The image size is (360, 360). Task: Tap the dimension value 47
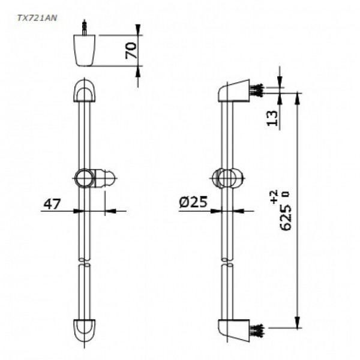pos(52,204)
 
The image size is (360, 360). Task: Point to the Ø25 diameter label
pos(193,203)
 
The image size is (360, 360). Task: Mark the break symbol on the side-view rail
pos(226,262)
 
